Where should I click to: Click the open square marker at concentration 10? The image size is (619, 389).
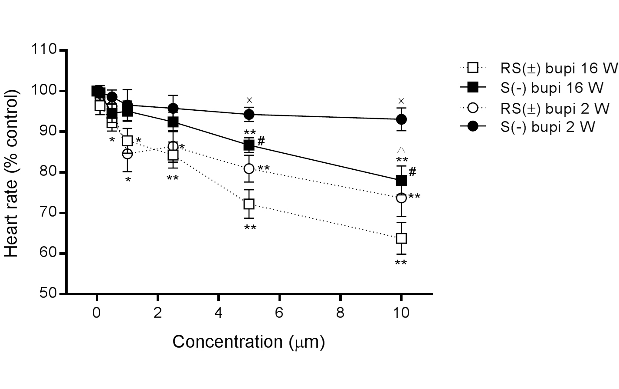click(x=401, y=238)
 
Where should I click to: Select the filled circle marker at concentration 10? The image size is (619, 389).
click(x=401, y=119)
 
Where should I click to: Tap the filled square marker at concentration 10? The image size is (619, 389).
click(x=401, y=180)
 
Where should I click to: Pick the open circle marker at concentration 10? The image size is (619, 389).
click(x=401, y=198)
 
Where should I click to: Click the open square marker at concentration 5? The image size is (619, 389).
click(x=249, y=204)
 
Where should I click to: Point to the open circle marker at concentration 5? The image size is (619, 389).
click(x=249, y=168)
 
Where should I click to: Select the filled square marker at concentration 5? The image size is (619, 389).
click(x=249, y=145)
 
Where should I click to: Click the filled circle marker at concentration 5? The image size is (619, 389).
click(x=249, y=115)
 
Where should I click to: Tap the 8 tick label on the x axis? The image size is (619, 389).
click(x=340, y=313)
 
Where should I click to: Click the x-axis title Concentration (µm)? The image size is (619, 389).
click(x=249, y=342)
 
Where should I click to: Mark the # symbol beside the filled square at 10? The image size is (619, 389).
click(x=412, y=172)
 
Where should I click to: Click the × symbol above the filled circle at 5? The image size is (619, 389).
click(x=249, y=100)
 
